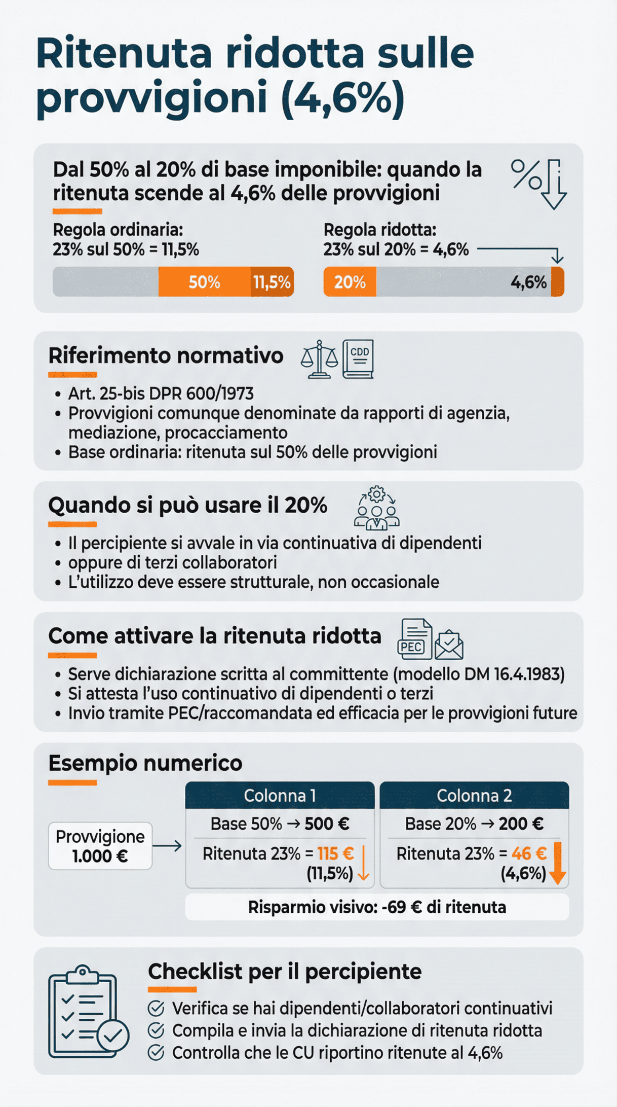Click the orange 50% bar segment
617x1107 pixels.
pyautogui.click(x=204, y=281)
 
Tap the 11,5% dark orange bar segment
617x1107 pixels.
pyautogui.click(x=272, y=281)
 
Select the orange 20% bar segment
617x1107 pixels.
pyautogui.click(x=350, y=281)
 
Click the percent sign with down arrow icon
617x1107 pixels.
pyautogui.click(x=539, y=184)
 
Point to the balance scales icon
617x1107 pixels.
pyautogui.click(x=319, y=360)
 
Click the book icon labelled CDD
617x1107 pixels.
pyautogui.click(x=358, y=359)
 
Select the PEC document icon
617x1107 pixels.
pyautogui.click(x=415, y=638)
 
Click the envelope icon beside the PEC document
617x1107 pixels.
pyautogui.click(x=449, y=645)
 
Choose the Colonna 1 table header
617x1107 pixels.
pyautogui.click(x=280, y=795)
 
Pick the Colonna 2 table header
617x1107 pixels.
pyautogui.click(x=474, y=795)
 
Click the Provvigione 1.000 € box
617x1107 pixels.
pyautogui.click(x=100, y=846)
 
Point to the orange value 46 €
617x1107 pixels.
pyautogui.click(x=529, y=853)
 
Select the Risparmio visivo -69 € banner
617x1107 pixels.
pyautogui.click(x=377, y=907)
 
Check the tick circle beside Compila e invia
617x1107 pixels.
pyautogui.click(x=156, y=1030)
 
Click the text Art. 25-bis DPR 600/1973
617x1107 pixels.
pyautogui.click(x=161, y=394)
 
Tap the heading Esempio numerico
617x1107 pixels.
pyautogui.click(x=145, y=763)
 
